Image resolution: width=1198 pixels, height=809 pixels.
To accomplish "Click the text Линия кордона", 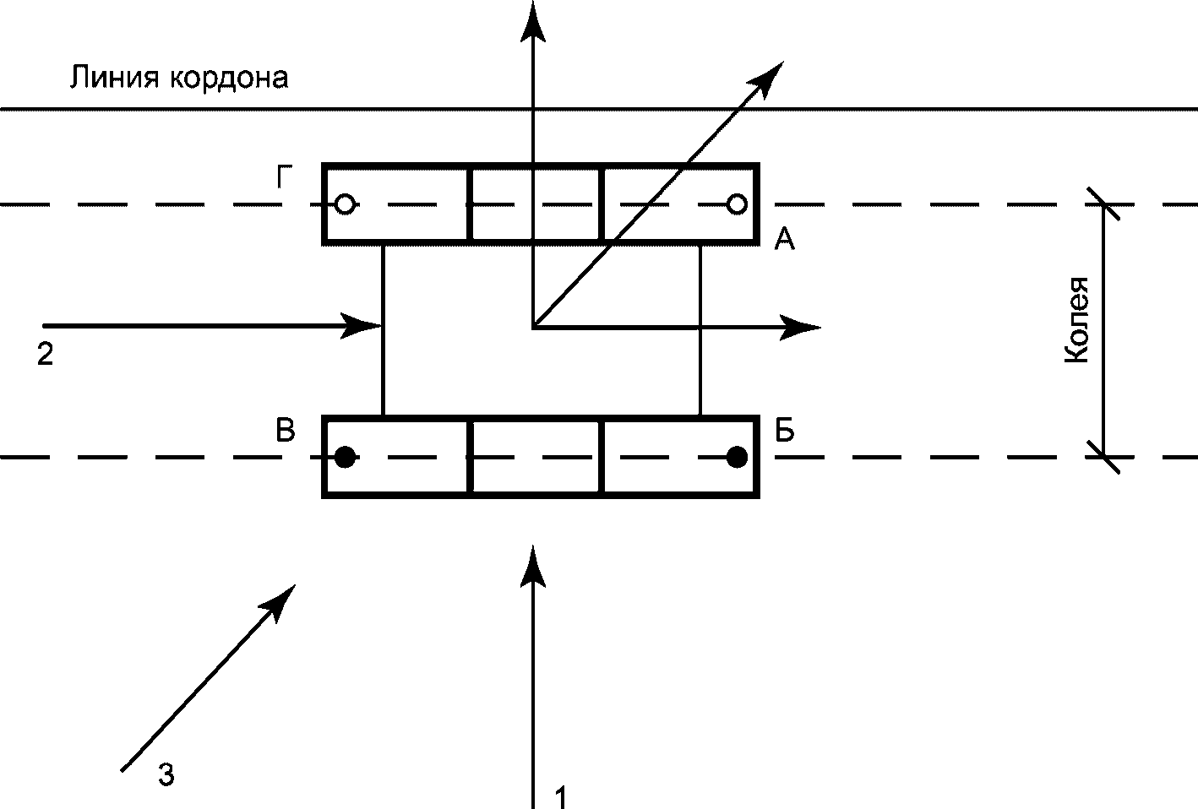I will point(178,78).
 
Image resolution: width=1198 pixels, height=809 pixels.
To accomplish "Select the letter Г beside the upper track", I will point(286,178).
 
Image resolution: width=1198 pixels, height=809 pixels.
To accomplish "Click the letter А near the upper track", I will point(785,242).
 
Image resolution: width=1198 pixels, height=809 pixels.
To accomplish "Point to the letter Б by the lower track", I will point(785,431).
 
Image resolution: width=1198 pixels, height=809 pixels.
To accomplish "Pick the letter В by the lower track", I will point(286,431).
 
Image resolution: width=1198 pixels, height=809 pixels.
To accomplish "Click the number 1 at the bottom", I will point(559,796).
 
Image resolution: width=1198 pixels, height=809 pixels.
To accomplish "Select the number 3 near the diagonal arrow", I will point(166,774).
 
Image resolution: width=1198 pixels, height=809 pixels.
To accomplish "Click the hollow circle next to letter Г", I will point(345,204).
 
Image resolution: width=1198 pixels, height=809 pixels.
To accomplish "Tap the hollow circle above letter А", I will point(737,204).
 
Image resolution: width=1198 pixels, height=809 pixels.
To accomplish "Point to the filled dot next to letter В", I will point(345,458).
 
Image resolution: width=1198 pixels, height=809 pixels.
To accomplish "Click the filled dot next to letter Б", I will point(737,458).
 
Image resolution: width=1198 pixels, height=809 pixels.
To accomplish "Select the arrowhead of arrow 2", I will point(362,325).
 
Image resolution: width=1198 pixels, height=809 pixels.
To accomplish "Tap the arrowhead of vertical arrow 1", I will point(532,564).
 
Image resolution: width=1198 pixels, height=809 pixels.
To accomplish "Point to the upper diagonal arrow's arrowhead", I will point(770,77).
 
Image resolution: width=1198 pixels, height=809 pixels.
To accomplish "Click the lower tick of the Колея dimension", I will point(1103,458).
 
